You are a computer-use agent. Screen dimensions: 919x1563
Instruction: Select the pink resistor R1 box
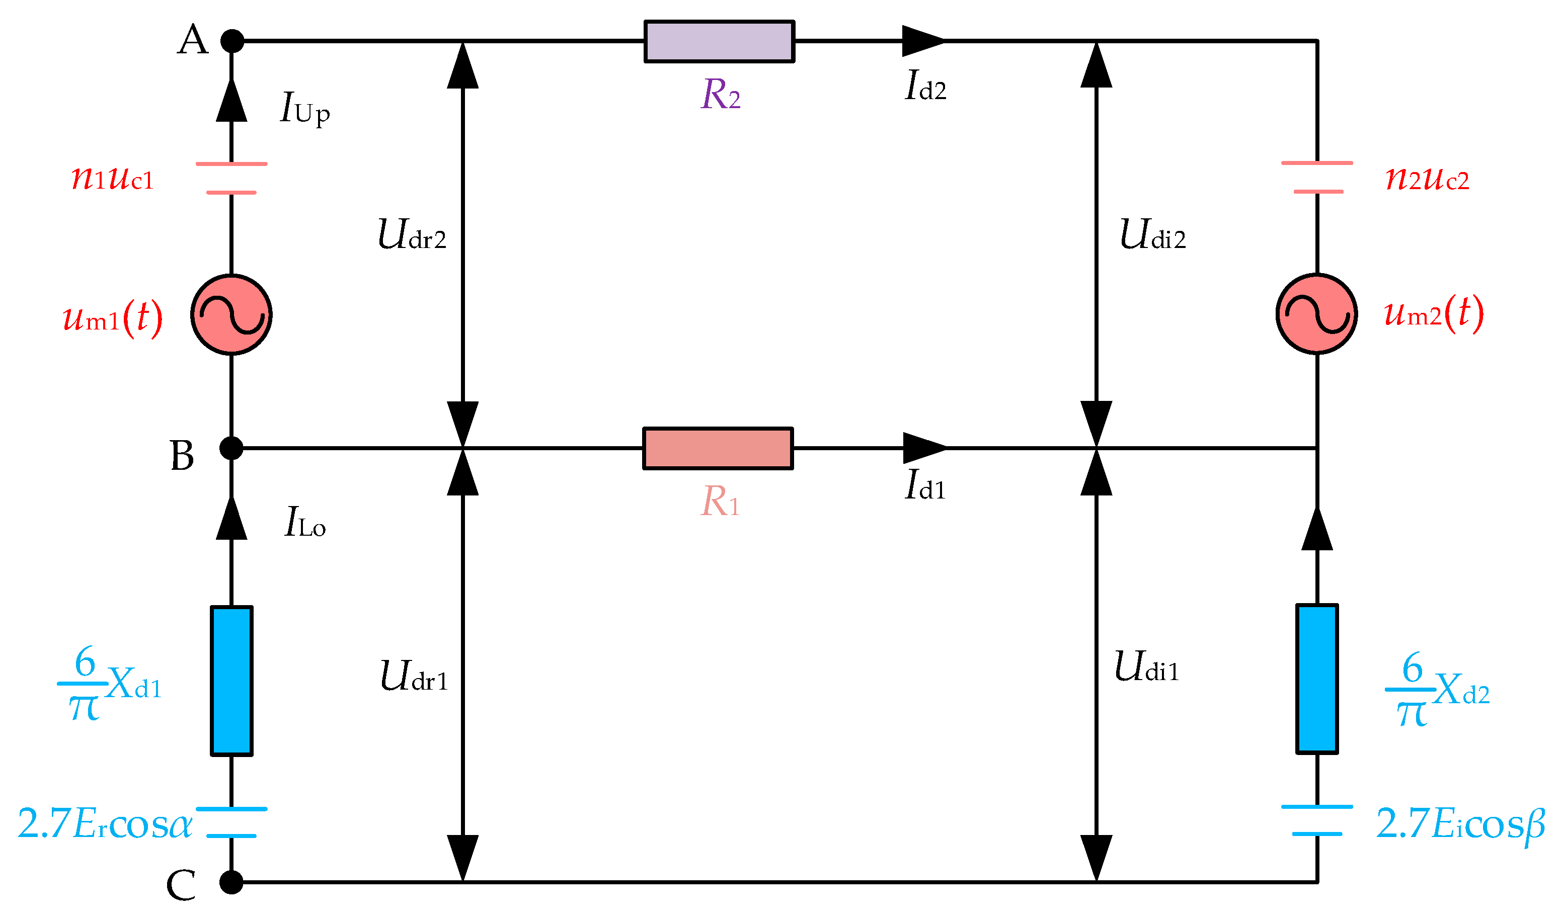(718, 448)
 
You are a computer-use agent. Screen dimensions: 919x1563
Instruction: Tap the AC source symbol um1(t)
(231, 314)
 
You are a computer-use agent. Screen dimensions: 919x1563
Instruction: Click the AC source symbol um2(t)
(1317, 314)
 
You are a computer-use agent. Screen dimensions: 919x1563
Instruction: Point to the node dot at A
(232, 41)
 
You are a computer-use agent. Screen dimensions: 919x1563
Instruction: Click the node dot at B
(231, 448)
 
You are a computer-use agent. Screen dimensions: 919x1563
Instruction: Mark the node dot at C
(231, 882)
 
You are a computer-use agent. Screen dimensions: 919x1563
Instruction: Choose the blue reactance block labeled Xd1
(231, 681)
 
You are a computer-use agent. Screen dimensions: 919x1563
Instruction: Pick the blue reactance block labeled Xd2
(1317, 679)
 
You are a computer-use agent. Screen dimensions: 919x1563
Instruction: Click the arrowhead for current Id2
(923, 41)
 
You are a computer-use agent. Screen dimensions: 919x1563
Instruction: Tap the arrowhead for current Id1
(924, 448)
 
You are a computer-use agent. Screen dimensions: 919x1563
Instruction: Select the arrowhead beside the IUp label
(231, 101)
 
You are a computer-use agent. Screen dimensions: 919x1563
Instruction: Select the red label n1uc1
(112, 178)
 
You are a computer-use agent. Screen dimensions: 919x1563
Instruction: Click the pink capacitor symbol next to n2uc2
(1317, 178)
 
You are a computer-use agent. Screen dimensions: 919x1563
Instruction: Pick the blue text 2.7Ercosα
(105, 824)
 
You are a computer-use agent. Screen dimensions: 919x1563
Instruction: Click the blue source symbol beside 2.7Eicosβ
(1317, 820)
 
